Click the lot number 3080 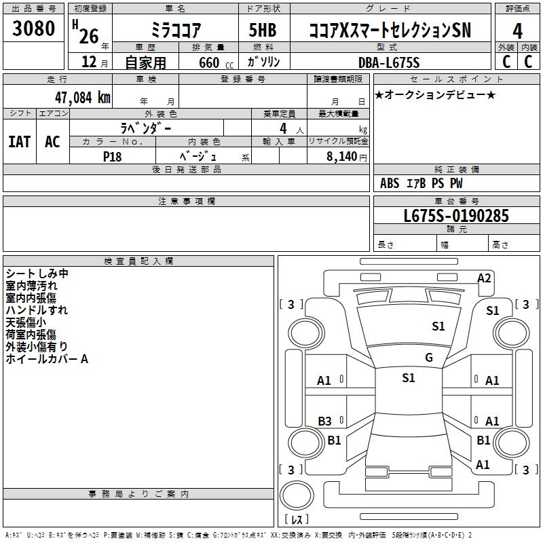tap(33, 29)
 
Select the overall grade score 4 tap(517, 31)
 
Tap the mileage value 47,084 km tap(76, 97)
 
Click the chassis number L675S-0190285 tap(455, 216)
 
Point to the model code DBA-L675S tap(389, 62)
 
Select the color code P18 tap(113, 155)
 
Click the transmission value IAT tap(20, 141)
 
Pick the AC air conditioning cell tap(52, 141)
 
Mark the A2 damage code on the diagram tap(484, 278)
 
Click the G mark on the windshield tap(428, 357)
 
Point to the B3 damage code tap(325, 421)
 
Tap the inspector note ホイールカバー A tap(47, 359)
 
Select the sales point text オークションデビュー tap(435, 94)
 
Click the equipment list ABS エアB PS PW tap(422, 183)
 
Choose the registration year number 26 tap(89, 35)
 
